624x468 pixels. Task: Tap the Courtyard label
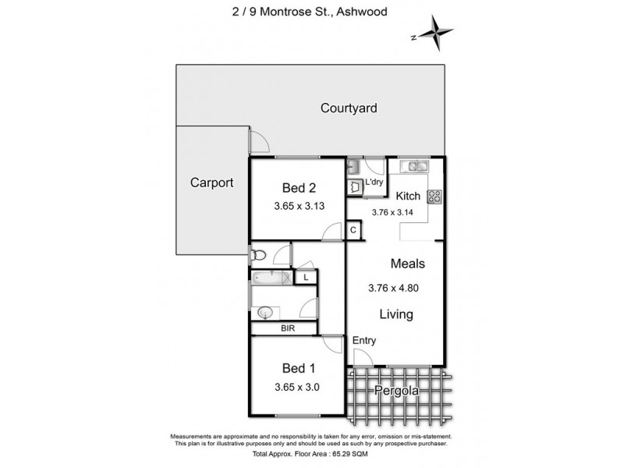349,108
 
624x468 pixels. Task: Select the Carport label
212,183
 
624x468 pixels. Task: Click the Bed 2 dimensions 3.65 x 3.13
299,207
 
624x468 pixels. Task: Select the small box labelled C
353,230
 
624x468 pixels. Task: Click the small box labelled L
307,277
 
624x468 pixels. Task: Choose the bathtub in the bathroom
271,277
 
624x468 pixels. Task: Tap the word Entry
364,341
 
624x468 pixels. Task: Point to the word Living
396,315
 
